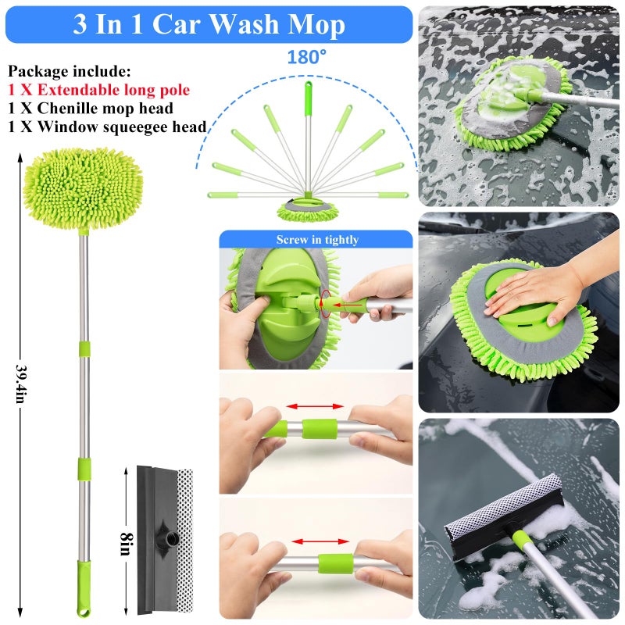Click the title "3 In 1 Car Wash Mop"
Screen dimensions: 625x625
(209, 24)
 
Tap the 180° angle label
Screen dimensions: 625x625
(306, 57)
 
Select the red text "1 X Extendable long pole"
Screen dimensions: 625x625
(99, 90)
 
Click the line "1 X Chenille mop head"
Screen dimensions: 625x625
(91, 109)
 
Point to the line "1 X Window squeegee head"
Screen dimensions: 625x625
(107, 127)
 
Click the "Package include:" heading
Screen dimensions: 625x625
(70, 72)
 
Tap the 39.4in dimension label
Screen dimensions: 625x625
(21, 384)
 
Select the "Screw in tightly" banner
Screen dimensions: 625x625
(316, 239)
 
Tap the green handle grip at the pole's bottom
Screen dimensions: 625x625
(84, 588)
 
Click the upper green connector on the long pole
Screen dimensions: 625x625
(84, 348)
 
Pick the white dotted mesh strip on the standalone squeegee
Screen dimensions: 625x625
(184, 541)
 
